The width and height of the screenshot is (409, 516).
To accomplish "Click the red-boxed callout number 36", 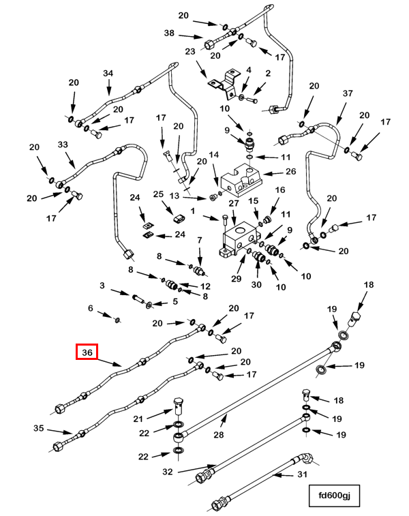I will pos(87,352).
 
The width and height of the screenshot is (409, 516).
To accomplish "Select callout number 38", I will pos(169,33).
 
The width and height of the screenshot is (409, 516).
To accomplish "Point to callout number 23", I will pos(190,51).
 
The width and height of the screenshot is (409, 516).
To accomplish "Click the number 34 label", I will pos(108,73).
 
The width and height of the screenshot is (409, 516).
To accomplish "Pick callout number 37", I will pos(348,93).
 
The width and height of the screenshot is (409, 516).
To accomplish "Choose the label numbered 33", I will pos(63,145).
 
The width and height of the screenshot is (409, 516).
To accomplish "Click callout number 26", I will pos(290,172).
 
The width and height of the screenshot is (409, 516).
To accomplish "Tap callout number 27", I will pos(234,203).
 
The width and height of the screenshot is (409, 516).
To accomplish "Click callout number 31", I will pos(303,474).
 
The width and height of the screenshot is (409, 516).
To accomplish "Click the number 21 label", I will pos(156,418).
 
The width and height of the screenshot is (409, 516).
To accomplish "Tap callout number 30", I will pos(256,285).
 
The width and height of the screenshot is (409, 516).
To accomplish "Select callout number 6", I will pos(90,308).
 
